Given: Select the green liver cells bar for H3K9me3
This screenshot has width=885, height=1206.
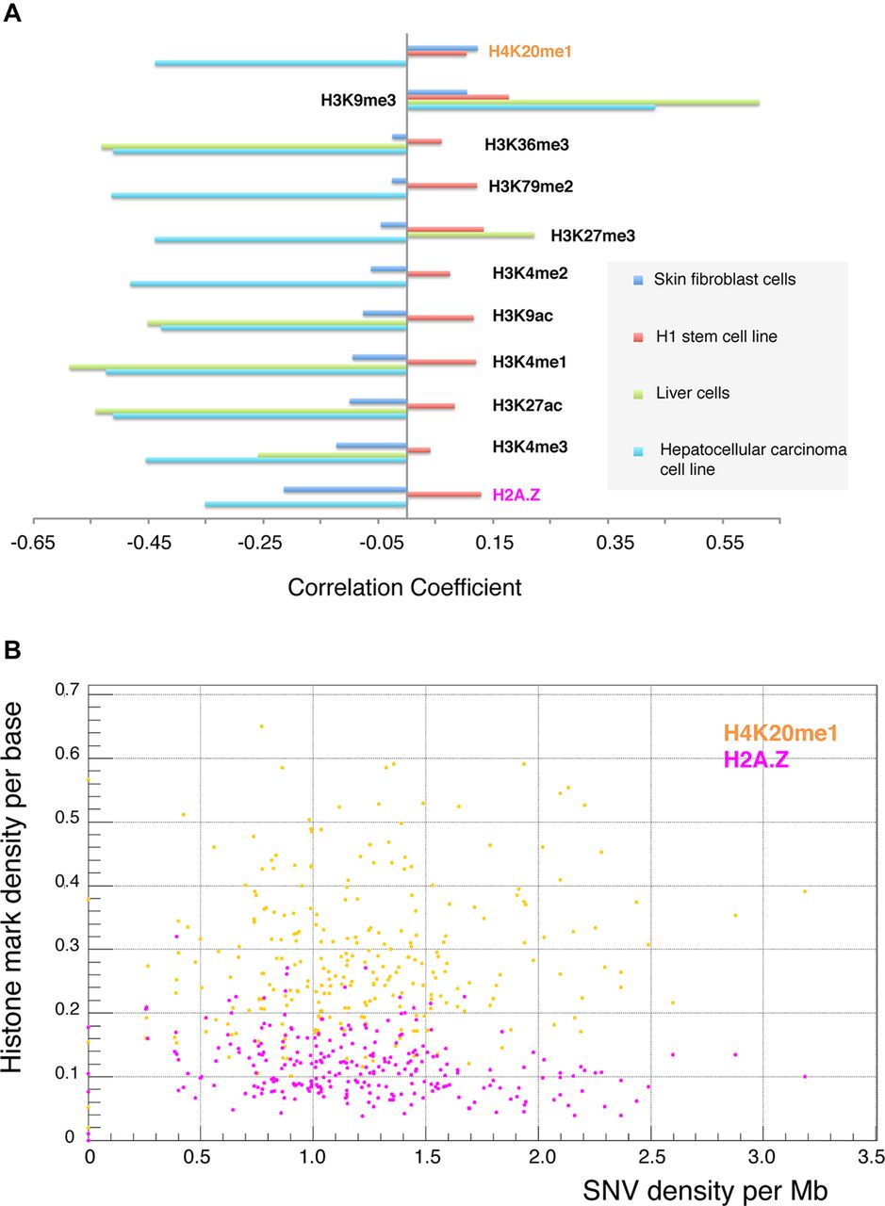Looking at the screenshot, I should [582, 102].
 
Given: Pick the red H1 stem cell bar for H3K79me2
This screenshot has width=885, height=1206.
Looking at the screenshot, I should [441, 186].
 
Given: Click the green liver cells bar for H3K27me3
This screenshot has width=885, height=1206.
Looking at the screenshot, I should [470, 235].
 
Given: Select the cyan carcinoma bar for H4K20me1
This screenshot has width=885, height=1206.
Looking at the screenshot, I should [281, 63].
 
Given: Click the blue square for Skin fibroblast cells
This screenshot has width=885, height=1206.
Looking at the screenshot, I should [638, 280].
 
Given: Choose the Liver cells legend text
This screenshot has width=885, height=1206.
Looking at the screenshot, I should [691, 393].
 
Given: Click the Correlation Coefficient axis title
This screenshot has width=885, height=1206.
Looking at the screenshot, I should [404, 588].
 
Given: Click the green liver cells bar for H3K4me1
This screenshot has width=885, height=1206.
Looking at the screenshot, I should [238, 367].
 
